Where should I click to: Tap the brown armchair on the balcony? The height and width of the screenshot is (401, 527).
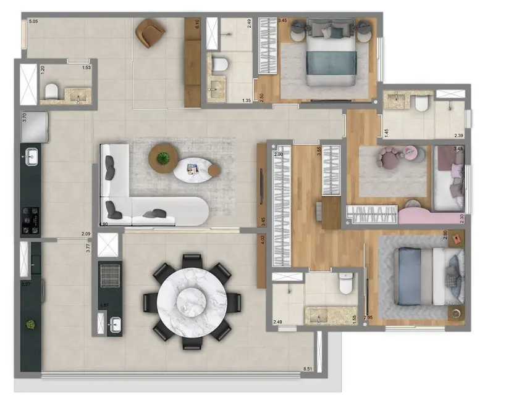(x=150, y=32)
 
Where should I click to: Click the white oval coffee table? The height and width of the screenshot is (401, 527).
(x=196, y=169)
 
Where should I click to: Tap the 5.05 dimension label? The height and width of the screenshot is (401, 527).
(x=34, y=22)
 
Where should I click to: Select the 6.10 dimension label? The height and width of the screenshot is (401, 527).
(x=196, y=25)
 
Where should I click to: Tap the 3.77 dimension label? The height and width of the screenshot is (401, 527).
(x=88, y=247)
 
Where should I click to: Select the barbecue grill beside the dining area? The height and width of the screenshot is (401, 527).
(x=109, y=275)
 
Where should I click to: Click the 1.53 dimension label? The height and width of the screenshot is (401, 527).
(x=86, y=67)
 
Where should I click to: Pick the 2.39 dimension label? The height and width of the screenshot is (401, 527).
(x=458, y=136)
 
